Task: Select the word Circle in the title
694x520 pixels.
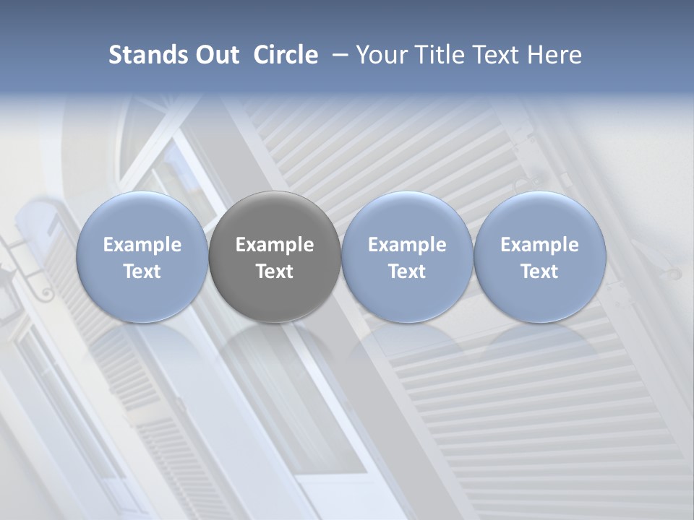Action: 286,55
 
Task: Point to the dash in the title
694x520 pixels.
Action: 337,55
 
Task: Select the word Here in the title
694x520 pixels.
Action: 553,55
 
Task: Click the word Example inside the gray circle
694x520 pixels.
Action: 275,245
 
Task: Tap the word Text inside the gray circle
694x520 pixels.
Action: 275,272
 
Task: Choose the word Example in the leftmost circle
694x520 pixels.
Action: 142,245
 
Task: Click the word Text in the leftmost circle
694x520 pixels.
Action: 142,272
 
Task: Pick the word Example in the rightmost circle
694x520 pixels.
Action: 539,245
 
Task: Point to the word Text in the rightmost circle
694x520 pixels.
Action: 539,272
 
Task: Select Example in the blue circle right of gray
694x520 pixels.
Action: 407,245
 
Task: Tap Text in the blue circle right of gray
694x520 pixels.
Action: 407,272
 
